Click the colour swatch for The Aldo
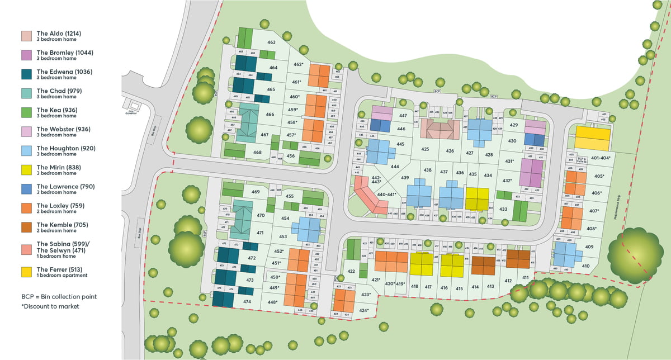tap(26, 36)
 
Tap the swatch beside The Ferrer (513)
tap(26, 272)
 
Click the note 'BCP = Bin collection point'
tap(59, 296)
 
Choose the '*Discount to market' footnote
tap(50, 306)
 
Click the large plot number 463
tap(271, 42)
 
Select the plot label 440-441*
tap(386, 195)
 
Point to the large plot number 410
tap(585, 266)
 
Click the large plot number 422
tap(351, 272)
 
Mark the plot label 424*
tap(363, 310)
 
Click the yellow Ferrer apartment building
tap(593, 138)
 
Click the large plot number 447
tap(402, 116)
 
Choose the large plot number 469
tap(256, 192)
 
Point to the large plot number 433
tap(503, 209)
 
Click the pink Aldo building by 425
tap(440, 130)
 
